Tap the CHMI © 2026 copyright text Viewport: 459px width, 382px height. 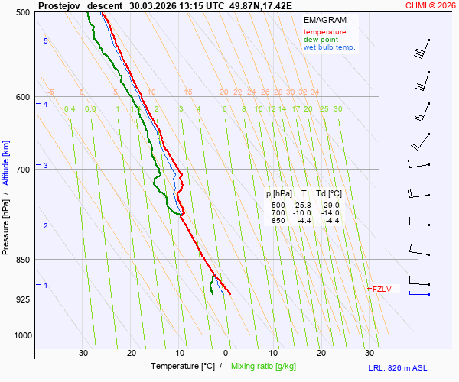click(x=431, y=5)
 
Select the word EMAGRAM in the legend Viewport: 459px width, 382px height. click(x=324, y=19)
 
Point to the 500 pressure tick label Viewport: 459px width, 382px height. click(x=21, y=13)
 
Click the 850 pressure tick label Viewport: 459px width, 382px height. click(x=21, y=260)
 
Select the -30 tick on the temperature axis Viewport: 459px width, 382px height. click(x=82, y=353)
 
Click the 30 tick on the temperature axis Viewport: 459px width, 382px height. click(x=369, y=353)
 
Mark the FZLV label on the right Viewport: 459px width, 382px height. click(x=382, y=289)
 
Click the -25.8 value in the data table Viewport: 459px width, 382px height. click(x=301, y=206)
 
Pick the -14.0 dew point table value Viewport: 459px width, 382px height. click(x=330, y=213)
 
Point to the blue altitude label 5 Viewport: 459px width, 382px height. click(x=46, y=40)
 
